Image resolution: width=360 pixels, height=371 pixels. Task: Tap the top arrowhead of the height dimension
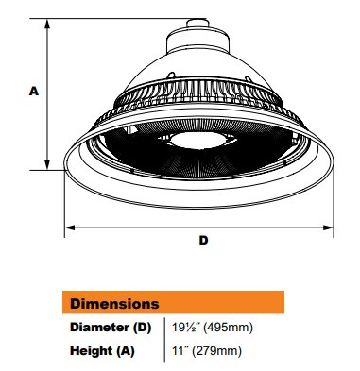(47, 21)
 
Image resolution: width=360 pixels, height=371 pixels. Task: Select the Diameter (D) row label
(111, 328)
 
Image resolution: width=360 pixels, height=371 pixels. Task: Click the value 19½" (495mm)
(209, 328)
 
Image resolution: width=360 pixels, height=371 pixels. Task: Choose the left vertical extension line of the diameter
(64, 203)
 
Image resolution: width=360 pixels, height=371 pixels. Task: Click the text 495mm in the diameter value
(231, 328)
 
